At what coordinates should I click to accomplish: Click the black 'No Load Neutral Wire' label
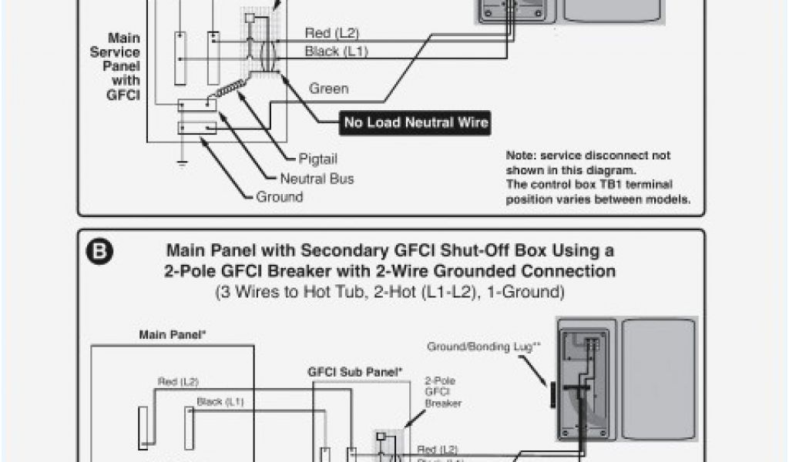click(x=416, y=122)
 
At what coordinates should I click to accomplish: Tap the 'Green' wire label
click(x=329, y=89)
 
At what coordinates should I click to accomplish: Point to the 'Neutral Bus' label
click(x=317, y=179)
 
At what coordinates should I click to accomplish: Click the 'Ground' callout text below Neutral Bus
click(x=280, y=197)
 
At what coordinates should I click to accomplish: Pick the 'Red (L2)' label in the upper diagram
click(x=332, y=33)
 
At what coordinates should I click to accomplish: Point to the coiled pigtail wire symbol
click(x=225, y=91)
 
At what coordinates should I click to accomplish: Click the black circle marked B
click(x=102, y=253)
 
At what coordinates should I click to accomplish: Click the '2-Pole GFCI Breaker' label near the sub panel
click(x=438, y=391)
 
